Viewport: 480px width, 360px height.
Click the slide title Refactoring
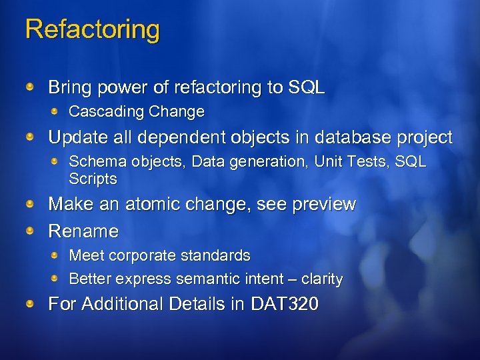(x=92, y=30)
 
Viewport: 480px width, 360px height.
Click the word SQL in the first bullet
(x=306, y=87)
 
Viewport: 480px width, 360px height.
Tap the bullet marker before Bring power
(x=31, y=87)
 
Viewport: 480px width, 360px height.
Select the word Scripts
(x=93, y=179)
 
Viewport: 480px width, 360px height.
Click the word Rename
(x=83, y=231)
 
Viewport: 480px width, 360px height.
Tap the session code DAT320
(x=285, y=304)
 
